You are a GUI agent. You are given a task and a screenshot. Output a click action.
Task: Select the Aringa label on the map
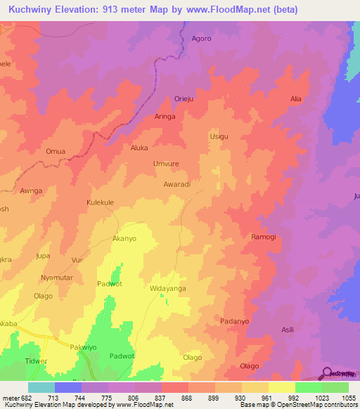tap(165, 117)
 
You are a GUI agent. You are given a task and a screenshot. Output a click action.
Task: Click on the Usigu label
tap(219, 136)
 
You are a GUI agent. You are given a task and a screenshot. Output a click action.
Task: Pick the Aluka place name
tap(141, 148)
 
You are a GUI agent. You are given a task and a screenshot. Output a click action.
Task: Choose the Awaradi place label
tap(177, 184)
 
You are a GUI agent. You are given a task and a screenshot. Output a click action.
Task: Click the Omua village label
tap(56, 151)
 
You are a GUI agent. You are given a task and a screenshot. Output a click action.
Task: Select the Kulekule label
tap(100, 202)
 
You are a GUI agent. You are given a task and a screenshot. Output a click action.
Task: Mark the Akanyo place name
tap(124, 238)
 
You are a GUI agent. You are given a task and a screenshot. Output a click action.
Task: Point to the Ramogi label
tap(264, 237)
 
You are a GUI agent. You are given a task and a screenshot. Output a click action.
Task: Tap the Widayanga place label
tap(167, 288)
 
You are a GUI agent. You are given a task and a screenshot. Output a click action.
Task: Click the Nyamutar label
tap(57, 278)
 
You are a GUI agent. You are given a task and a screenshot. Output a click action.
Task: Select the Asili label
tap(288, 330)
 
